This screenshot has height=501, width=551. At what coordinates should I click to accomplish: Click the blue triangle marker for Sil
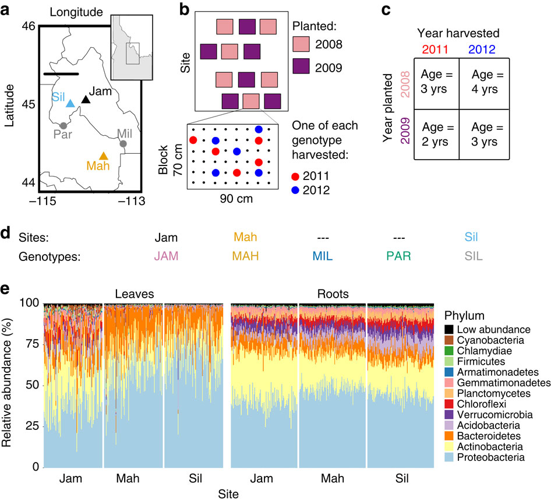70,103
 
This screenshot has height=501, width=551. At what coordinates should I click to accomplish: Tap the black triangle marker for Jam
86,100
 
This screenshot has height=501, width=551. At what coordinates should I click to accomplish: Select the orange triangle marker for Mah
104,156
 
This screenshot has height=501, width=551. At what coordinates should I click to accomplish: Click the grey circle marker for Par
63,125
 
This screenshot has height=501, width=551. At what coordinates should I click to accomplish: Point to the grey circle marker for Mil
123,143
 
